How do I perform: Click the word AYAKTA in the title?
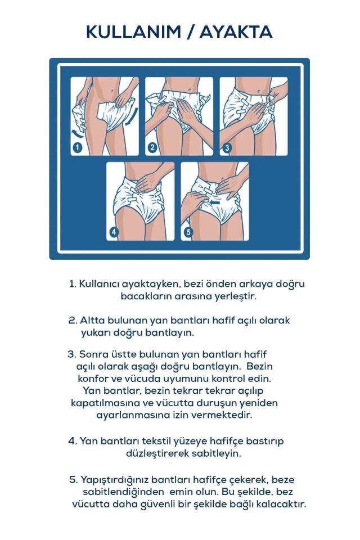pos(236,32)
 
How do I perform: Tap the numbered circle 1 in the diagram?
pos(77,148)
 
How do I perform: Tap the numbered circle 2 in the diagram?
pos(152,148)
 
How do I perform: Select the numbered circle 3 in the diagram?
pos(227,148)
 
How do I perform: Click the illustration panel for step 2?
pos(179,116)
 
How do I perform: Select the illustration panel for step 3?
pos(253,116)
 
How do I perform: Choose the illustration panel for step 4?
pos(141,201)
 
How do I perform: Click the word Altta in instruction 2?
pos(92,320)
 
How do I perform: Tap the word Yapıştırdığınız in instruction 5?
pos(116,480)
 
